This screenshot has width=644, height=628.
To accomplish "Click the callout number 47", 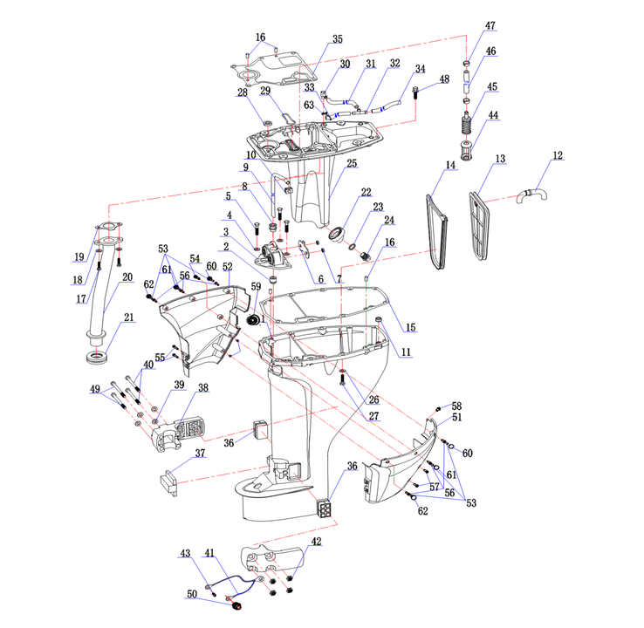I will coord(490,26).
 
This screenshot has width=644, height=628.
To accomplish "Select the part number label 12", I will coord(557,156).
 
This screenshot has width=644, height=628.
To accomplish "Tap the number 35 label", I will coord(337,39).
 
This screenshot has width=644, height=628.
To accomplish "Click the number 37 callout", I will coord(200,454).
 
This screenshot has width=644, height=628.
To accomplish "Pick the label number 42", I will coord(316,543).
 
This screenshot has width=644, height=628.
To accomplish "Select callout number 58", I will coord(456,406).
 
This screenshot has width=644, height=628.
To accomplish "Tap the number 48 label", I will coord(444,79).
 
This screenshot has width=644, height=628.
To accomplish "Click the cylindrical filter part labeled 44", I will coord(466,160).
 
